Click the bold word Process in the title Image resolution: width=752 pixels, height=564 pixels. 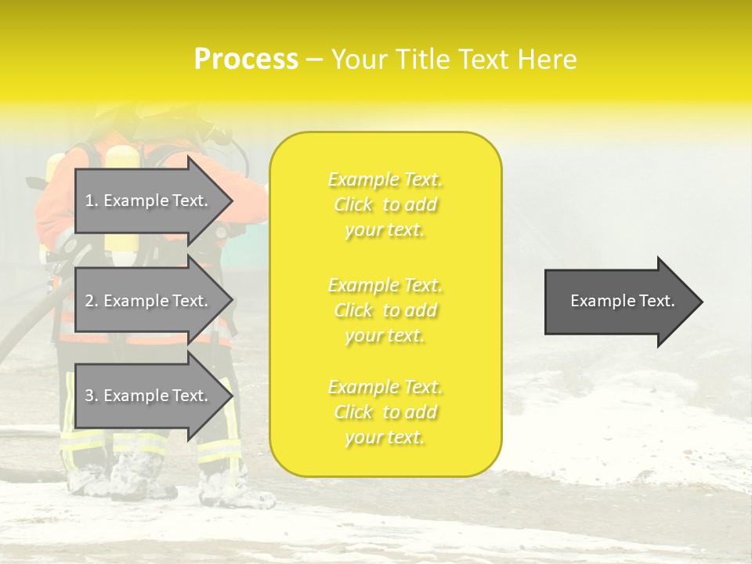[246, 59]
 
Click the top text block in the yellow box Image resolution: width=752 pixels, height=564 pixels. [385, 204]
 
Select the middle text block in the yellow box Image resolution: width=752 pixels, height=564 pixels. [385, 310]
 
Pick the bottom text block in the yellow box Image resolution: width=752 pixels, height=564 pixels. [385, 412]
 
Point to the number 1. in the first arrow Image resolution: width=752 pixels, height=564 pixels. [92, 201]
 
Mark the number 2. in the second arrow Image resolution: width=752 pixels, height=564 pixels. [92, 301]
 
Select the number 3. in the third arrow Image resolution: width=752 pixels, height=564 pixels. [92, 396]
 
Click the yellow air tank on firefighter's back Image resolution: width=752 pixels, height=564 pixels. [121, 204]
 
